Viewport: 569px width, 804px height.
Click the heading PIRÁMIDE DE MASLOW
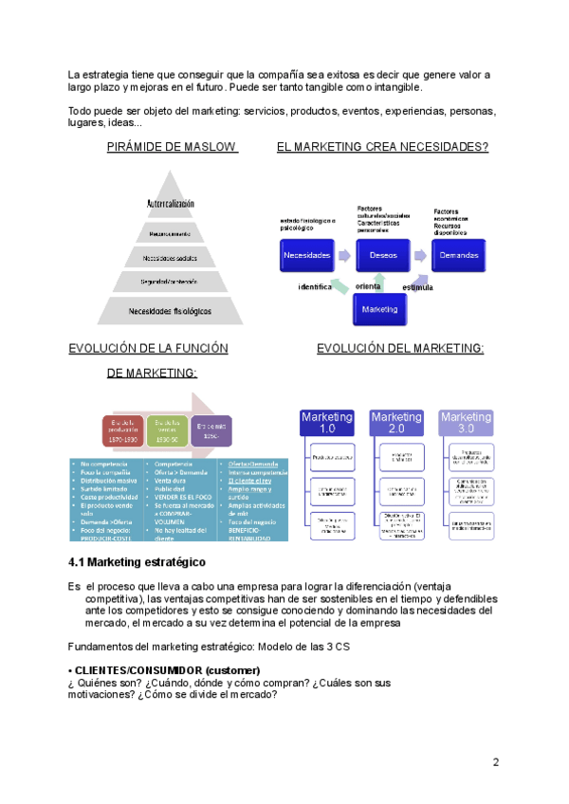[172, 147]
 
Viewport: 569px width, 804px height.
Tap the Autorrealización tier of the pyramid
[172, 204]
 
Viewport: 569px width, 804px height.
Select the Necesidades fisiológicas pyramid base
[172, 310]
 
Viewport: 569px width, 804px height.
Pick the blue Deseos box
[383, 255]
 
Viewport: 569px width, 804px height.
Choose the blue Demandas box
[459, 255]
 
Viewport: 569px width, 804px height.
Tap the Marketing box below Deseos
[379, 309]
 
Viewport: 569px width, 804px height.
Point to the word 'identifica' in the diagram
[315, 286]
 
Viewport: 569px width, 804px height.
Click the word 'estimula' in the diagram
[417, 286]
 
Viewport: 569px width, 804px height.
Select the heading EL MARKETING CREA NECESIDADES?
[382, 147]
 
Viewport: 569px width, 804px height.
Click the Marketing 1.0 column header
[327, 423]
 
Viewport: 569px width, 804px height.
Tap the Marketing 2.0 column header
[396, 423]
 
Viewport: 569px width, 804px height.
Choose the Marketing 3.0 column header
[466, 423]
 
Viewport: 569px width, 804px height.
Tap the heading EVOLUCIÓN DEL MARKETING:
[400, 349]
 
